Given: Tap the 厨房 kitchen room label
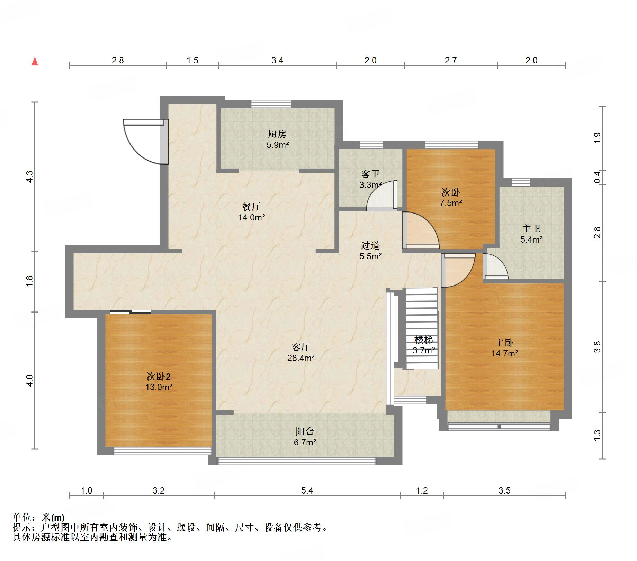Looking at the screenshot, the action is coord(277,134).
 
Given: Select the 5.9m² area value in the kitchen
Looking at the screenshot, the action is coord(278,145).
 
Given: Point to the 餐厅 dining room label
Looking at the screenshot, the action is coord(251,207).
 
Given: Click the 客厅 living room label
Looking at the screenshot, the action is coord(300,347).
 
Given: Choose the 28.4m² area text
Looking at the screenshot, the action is coord(301,358).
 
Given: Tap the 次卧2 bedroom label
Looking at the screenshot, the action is coord(159,376).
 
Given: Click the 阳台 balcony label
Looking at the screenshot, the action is coord(305,431).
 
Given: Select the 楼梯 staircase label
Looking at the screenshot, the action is coord(424,340).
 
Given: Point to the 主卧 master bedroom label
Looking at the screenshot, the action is coord(504,343).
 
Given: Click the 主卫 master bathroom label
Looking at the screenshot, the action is coord(531,228).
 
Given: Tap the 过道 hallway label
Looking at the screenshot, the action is coord(370,245).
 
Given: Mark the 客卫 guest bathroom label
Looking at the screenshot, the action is coord(370,173).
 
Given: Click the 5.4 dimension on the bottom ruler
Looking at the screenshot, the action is coord(307,490).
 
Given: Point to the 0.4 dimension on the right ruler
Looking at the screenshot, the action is coord(597,178).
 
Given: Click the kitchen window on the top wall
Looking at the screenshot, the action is coord(271,104).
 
